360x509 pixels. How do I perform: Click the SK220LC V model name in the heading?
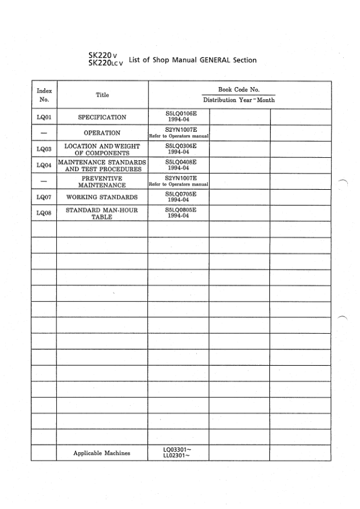(x=107, y=63)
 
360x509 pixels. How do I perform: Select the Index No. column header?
(x=43, y=95)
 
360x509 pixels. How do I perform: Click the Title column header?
(x=102, y=95)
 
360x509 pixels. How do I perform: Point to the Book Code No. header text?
(x=239, y=89)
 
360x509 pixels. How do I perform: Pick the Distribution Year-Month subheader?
(x=239, y=100)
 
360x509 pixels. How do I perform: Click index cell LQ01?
(x=43, y=117)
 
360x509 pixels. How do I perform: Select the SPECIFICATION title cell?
(x=102, y=117)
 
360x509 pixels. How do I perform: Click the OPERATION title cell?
(x=102, y=133)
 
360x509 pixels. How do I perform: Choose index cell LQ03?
(x=43, y=149)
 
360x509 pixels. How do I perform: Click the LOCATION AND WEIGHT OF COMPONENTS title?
(x=102, y=149)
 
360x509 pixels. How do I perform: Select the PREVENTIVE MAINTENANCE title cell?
(x=102, y=182)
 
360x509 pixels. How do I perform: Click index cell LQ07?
(x=43, y=198)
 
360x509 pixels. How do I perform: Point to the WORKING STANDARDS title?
(x=102, y=198)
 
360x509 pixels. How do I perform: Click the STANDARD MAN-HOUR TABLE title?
(x=102, y=213)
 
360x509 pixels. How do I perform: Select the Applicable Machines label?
(x=101, y=453)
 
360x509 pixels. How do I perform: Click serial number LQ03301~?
(x=178, y=450)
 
